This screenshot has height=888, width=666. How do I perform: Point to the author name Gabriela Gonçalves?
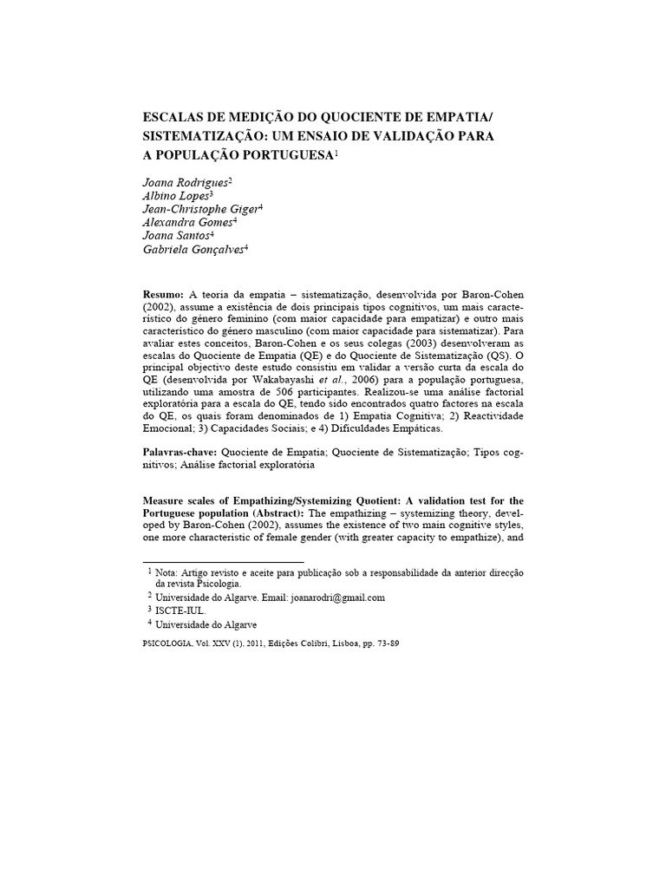tap(193, 249)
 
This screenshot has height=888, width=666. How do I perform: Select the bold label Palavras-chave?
tap(180, 453)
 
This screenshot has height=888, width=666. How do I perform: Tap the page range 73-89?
tap(384, 644)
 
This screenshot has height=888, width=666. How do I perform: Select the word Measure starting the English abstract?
tap(166, 501)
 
